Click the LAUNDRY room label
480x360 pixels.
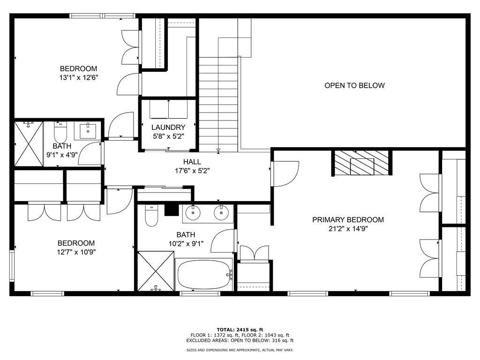coord(168,127)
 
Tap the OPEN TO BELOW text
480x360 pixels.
coord(354,85)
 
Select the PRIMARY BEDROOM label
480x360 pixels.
coord(348,219)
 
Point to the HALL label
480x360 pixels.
coord(192,162)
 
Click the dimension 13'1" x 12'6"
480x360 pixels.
coord(78,77)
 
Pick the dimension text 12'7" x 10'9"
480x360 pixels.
coord(76,252)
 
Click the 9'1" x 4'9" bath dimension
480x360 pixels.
coord(62,155)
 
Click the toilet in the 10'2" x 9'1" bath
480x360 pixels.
coord(151,216)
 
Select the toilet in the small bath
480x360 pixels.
coord(60,132)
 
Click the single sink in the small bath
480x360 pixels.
coord(88,131)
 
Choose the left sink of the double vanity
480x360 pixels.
coord(193,213)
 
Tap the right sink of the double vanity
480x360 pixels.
coord(221,213)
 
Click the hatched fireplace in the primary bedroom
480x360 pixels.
coord(361,163)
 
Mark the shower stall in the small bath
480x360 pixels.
coord(29,143)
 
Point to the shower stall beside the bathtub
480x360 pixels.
coord(156,271)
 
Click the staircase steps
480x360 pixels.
coord(218,105)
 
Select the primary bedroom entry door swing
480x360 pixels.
coord(285,173)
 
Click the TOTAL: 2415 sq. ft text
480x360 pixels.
coord(240,330)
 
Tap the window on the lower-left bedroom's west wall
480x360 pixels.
coord(12,266)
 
